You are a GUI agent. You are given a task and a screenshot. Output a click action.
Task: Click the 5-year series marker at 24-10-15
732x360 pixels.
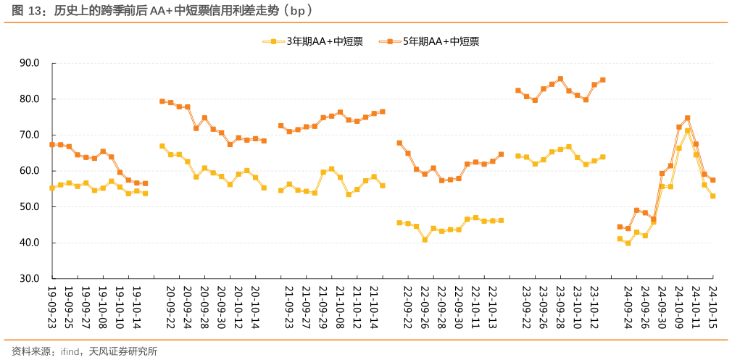pyautogui.click(x=713, y=180)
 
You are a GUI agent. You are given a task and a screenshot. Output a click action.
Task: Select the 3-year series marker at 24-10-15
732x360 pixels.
pyautogui.click(x=713, y=196)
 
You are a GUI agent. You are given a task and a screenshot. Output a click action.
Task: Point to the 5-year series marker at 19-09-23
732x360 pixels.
pyautogui.click(x=51, y=145)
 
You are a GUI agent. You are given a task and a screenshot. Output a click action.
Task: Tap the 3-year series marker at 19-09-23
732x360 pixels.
pyautogui.click(x=51, y=188)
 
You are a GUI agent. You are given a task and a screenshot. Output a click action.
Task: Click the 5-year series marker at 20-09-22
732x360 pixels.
pyautogui.click(x=162, y=101)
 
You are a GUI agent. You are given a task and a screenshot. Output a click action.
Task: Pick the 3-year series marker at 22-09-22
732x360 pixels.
pyautogui.click(x=399, y=223)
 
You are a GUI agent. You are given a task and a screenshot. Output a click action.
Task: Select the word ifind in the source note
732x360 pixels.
pyautogui.click(x=70, y=351)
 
